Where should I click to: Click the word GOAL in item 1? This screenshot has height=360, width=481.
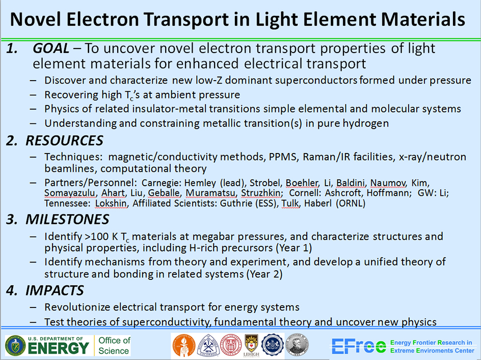point(51,48)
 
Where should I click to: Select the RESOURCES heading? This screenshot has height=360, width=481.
point(64,141)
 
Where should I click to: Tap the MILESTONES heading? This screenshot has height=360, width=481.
point(67,219)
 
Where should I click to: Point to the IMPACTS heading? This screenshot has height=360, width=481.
point(55,290)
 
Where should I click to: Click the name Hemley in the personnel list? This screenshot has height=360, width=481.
point(201,183)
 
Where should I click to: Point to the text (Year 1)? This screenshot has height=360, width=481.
point(294,248)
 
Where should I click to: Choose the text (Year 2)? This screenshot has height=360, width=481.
point(265,274)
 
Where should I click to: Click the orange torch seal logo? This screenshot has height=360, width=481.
point(183,345)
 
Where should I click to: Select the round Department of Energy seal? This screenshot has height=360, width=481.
point(15,345)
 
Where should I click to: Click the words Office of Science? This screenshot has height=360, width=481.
point(114,346)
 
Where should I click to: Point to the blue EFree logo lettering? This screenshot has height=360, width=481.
point(359,346)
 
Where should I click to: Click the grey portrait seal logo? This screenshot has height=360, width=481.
point(297,345)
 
